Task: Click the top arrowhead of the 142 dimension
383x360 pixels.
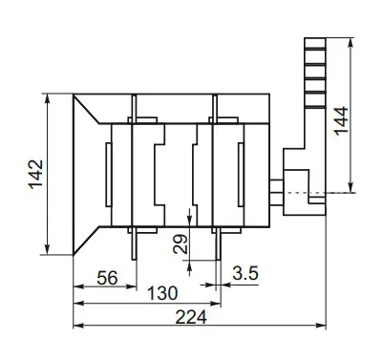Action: pos(45,96)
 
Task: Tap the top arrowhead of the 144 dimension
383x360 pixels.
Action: pos(355,43)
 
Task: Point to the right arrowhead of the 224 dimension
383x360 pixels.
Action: pos(323,328)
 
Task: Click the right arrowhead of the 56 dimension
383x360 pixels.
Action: pos(131,287)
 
